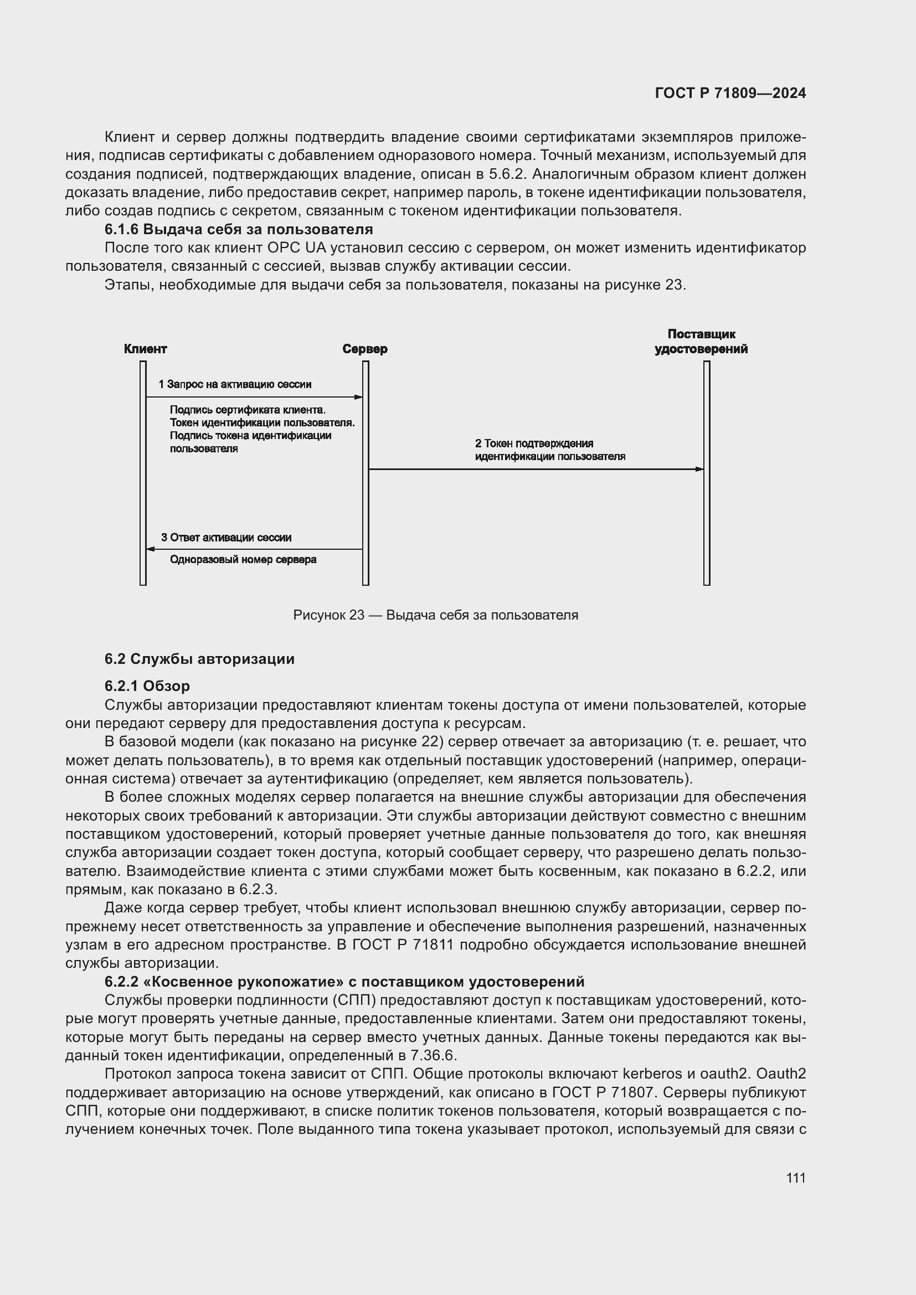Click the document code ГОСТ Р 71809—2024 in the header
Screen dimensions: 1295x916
pyautogui.click(x=730, y=94)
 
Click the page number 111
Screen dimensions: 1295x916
pyautogui.click(x=795, y=1178)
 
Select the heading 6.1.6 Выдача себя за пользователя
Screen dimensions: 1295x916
pyautogui.click(x=239, y=230)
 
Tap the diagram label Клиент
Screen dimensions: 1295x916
pyautogui.click(x=145, y=349)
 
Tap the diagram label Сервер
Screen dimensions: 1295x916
pyautogui.click(x=365, y=349)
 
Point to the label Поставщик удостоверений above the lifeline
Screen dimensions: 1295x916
pyautogui.click(x=701, y=342)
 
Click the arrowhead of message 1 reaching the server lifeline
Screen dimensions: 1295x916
pyautogui.click(x=358, y=397)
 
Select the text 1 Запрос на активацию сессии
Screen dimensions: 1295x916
pyautogui.click(x=235, y=385)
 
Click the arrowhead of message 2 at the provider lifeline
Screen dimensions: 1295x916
pyautogui.click(x=699, y=469)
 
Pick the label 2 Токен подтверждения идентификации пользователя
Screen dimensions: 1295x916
pyautogui.click(x=550, y=450)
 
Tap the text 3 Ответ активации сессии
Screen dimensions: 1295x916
pyautogui.click(x=226, y=538)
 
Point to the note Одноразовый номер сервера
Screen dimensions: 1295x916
pyautogui.click(x=243, y=560)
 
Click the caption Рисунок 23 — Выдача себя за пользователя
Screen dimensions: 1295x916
pyautogui.click(x=435, y=615)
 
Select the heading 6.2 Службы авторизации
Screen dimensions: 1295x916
pyautogui.click(x=199, y=659)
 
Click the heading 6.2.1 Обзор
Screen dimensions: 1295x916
pyautogui.click(x=147, y=686)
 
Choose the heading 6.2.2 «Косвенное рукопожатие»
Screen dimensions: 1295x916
pyautogui.click(x=344, y=982)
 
